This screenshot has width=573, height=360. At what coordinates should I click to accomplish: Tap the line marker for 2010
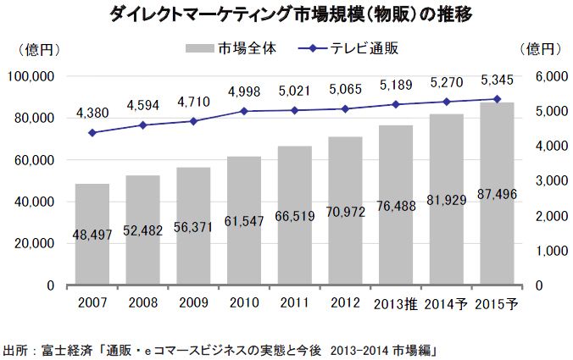tap(244, 111)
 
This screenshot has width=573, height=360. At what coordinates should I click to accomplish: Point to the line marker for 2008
tap(142, 125)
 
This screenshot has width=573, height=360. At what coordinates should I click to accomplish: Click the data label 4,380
tap(92, 112)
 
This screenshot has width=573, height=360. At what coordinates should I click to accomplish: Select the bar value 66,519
tap(294, 216)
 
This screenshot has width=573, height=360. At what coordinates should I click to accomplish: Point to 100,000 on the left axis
tap(31, 77)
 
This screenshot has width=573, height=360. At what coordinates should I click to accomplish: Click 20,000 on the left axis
tap(35, 244)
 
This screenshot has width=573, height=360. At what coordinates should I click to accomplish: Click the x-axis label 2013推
tap(395, 305)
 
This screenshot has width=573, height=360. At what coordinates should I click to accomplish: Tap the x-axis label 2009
tap(193, 305)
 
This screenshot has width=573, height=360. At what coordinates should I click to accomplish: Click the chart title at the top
tap(286, 14)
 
